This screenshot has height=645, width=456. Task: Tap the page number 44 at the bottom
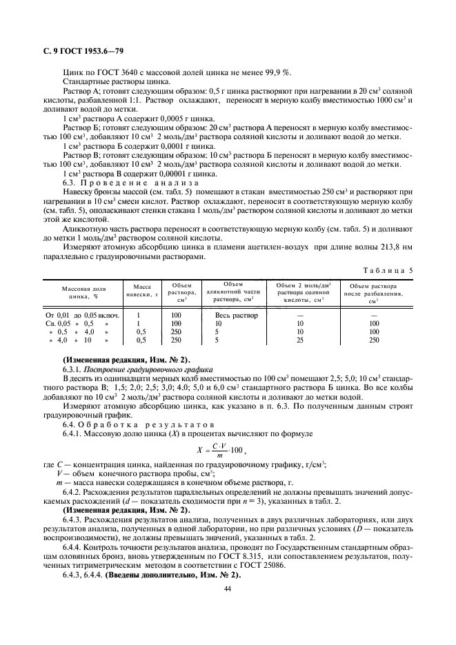227,588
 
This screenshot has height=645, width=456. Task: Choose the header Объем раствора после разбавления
373,293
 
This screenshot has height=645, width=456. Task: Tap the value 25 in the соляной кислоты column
299,340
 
